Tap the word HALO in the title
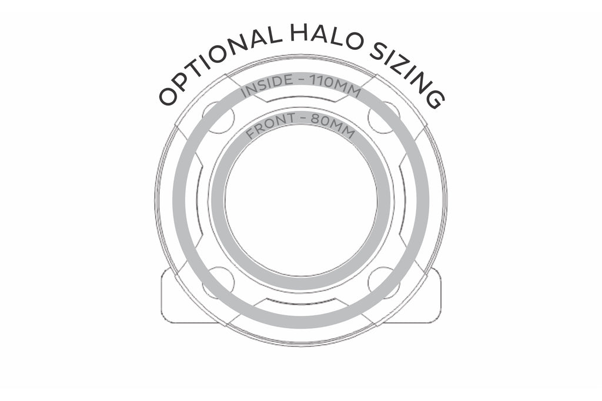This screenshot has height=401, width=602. pos(326,36)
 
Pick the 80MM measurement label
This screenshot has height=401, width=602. pos(333,126)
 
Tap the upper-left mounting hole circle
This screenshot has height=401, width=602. pos(218,117)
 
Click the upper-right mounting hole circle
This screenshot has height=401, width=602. pos(384,117)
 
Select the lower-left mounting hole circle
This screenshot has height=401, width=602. pos(218,283)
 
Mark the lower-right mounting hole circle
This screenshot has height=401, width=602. pos(384,283)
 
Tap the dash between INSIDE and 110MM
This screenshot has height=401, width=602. pos(302,81)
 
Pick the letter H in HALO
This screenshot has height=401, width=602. pos(298,33)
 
